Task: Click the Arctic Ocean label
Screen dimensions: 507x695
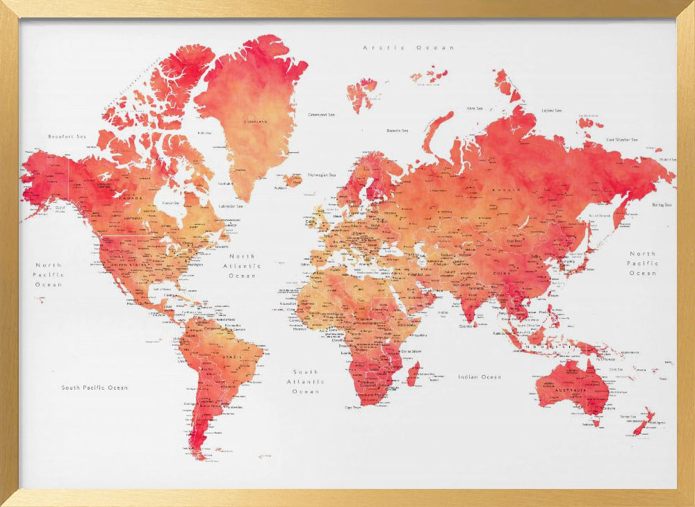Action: (409, 48)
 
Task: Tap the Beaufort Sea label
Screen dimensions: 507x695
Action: (67, 137)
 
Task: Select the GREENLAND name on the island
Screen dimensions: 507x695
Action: (255, 122)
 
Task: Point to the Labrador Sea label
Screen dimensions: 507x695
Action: (231, 206)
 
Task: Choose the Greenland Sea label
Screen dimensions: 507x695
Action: (322, 114)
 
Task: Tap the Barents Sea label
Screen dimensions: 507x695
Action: (398, 131)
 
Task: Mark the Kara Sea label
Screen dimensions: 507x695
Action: (475, 108)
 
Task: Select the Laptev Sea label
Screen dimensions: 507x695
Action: (551, 110)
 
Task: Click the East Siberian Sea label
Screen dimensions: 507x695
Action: (623, 140)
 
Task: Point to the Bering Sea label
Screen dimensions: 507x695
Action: (662, 205)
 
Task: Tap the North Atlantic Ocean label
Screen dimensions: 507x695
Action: (243, 266)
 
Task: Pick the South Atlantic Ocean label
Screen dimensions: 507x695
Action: (305, 382)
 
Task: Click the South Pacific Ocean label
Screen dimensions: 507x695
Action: (95, 388)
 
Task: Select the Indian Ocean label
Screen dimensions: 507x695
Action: (480, 377)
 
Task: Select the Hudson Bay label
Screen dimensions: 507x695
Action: (171, 203)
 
